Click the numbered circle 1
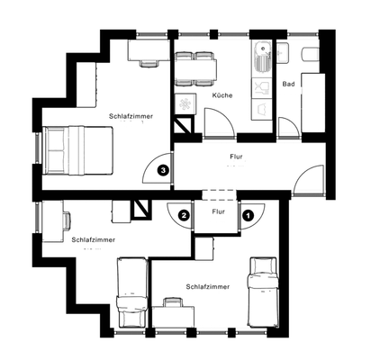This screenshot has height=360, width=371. [x=248, y=215]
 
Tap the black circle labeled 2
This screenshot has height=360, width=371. [x=183, y=215]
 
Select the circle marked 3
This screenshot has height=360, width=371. [x=162, y=168]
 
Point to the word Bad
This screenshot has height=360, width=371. [x=288, y=85]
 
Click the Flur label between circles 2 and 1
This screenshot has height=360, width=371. [x=216, y=212]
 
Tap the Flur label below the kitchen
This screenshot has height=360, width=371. [x=236, y=157]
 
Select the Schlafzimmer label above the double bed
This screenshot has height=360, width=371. [x=131, y=116]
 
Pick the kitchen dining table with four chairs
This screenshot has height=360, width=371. [x=197, y=65]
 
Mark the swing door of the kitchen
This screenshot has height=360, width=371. [x=217, y=123]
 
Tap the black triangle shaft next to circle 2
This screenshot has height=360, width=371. [x=142, y=209]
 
